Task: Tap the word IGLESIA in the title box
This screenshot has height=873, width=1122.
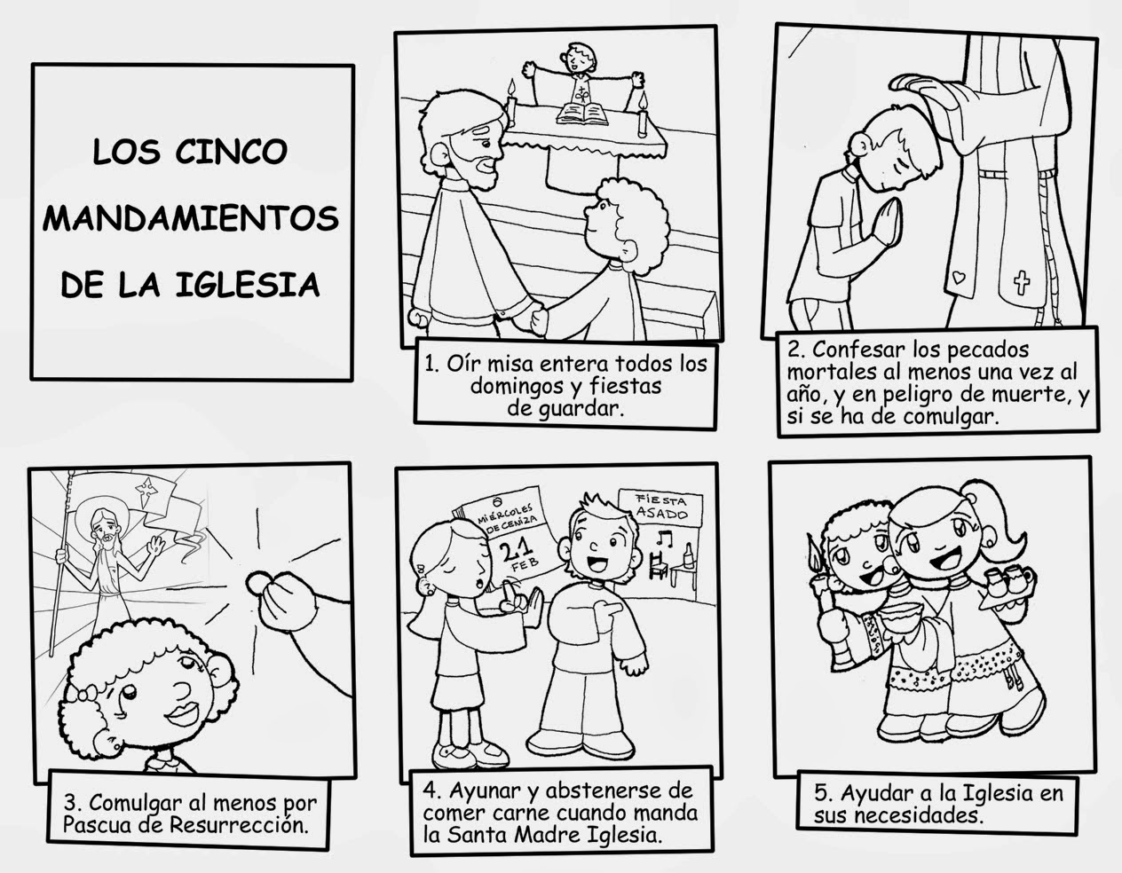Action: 248,285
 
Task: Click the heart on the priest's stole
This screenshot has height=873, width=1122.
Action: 959,278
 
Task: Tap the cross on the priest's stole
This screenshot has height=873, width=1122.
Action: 1022,283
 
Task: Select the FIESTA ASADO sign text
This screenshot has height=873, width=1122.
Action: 661,507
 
